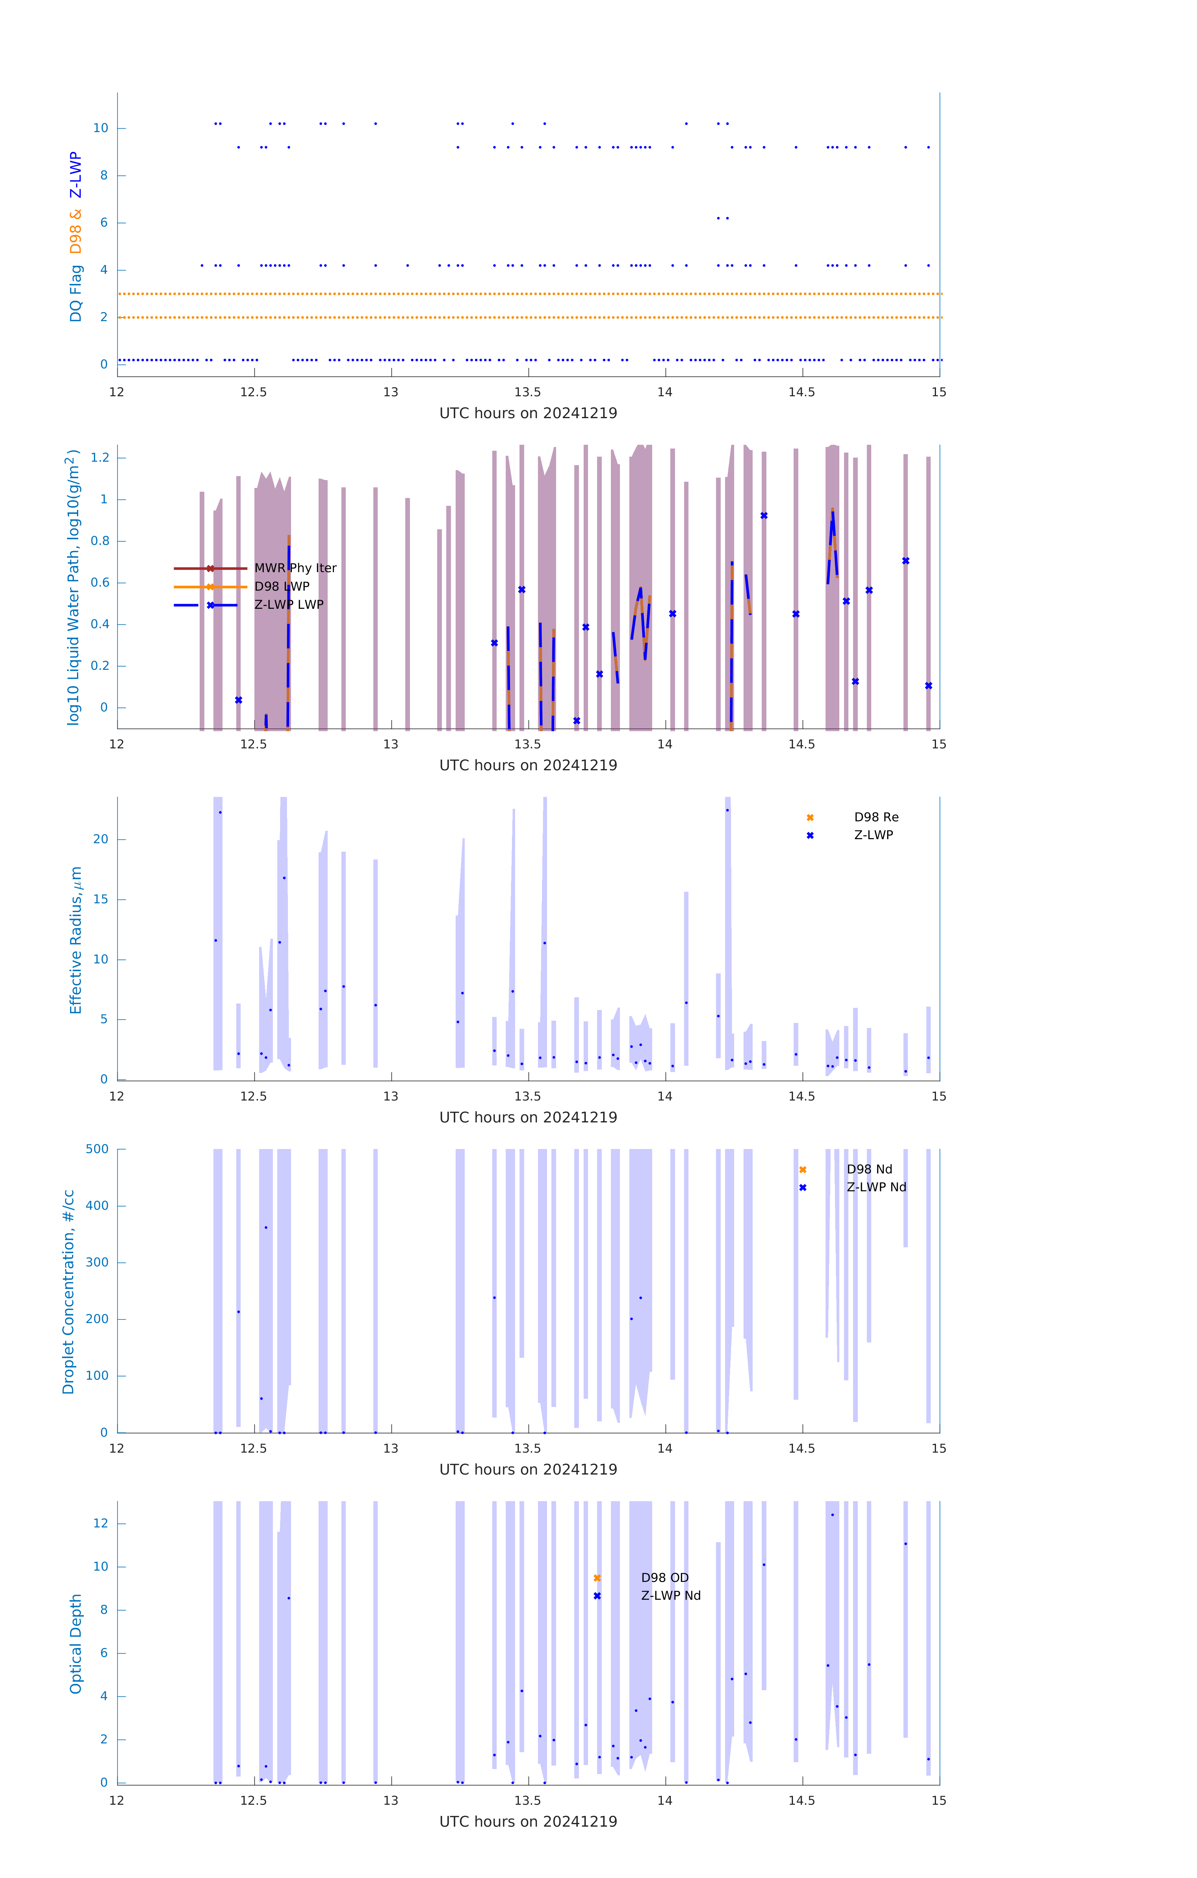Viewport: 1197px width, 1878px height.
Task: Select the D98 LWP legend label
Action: click(282, 587)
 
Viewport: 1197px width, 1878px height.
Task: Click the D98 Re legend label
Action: click(876, 817)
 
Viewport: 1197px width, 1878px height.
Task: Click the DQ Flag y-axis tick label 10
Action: click(100, 128)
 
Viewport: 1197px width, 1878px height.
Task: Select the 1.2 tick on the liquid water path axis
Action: click(100, 458)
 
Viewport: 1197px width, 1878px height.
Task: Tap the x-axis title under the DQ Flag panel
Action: click(528, 413)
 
